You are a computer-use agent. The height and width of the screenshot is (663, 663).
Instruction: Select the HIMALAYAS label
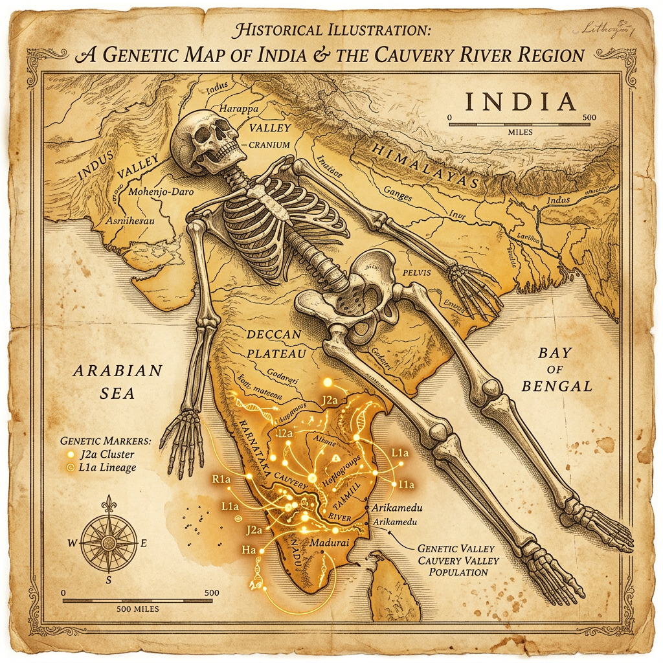point(423,166)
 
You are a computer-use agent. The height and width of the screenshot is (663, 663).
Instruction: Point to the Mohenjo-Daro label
point(161,192)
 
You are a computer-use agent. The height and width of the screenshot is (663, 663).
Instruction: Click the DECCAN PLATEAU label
point(274,344)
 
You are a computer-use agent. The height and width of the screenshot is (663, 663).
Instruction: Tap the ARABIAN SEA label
point(117,381)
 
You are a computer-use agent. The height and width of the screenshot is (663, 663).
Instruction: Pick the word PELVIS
point(416,273)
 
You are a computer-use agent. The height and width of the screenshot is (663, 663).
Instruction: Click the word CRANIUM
point(269,145)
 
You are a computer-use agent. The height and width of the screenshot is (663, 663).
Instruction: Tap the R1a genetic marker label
point(221,480)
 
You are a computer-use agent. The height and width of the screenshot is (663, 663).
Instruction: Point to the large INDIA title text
point(519,102)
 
